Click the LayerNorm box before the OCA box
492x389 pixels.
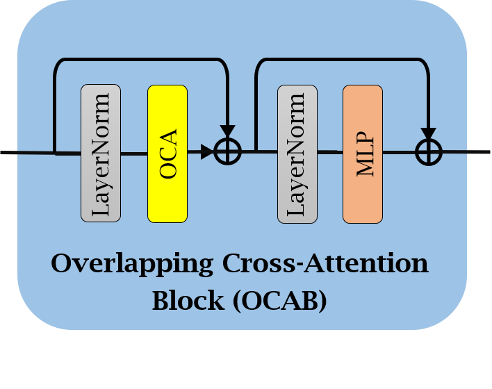(101, 154)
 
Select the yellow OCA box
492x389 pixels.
(167, 154)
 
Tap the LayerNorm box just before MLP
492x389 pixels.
(297, 154)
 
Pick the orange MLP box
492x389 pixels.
(363, 154)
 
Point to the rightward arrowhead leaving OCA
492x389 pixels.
(207, 152)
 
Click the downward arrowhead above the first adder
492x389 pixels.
(227, 131)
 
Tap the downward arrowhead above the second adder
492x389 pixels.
(428, 133)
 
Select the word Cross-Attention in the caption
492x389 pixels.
(325, 265)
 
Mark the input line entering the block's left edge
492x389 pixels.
(8, 152)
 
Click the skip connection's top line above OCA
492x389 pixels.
(139, 60)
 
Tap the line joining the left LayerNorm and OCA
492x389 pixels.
(134, 153)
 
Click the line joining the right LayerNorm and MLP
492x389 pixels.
(330, 151)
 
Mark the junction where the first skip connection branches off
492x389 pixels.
(55, 152)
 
